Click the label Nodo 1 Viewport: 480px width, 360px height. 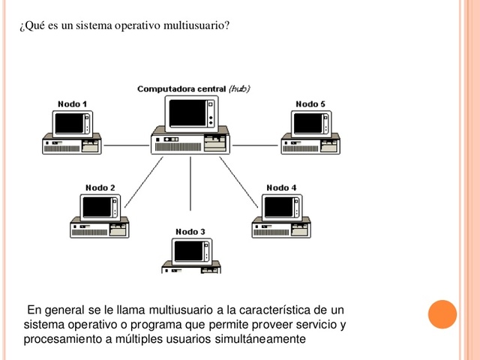(72, 103)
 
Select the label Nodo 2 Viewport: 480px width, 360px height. (100, 187)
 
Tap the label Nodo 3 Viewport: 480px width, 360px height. (190, 232)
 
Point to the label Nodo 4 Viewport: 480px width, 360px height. (281, 187)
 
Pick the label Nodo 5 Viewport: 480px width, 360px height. (310, 103)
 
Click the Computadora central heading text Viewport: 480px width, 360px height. (181, 88)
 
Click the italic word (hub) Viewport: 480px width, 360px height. (239, 88)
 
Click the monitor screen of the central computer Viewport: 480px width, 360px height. (187, 113)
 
